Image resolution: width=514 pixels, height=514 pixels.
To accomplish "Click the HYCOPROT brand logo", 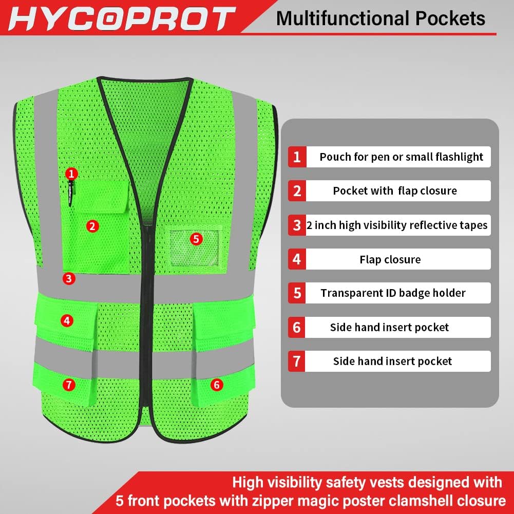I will (121, 19).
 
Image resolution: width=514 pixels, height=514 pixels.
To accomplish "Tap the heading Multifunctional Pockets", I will (380, 18).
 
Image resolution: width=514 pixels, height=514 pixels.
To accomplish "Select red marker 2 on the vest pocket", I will (92, 225).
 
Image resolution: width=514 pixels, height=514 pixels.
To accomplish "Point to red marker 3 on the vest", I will (69, 279).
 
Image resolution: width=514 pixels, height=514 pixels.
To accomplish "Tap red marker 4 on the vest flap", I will (66, 321).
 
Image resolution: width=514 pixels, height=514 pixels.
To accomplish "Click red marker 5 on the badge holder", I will (196, 238).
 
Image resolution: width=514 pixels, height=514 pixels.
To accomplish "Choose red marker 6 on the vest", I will (216, 384).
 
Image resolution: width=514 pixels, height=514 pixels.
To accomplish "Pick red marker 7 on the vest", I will (69, 384).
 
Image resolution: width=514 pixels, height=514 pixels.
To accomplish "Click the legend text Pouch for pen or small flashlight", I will (401, 157).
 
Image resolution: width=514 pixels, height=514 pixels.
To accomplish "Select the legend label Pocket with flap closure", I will (394, 191).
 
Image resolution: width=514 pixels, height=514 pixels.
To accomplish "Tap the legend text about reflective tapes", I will (397, 225).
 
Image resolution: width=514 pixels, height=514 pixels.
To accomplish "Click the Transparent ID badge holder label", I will (393, 293).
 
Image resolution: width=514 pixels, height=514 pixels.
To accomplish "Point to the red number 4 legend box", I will (297, 259).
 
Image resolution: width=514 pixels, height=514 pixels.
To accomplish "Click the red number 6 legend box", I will (297, 327).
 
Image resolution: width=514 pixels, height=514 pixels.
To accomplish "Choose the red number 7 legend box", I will (297, 361).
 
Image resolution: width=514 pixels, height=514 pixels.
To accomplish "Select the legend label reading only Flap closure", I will (390, 259).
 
